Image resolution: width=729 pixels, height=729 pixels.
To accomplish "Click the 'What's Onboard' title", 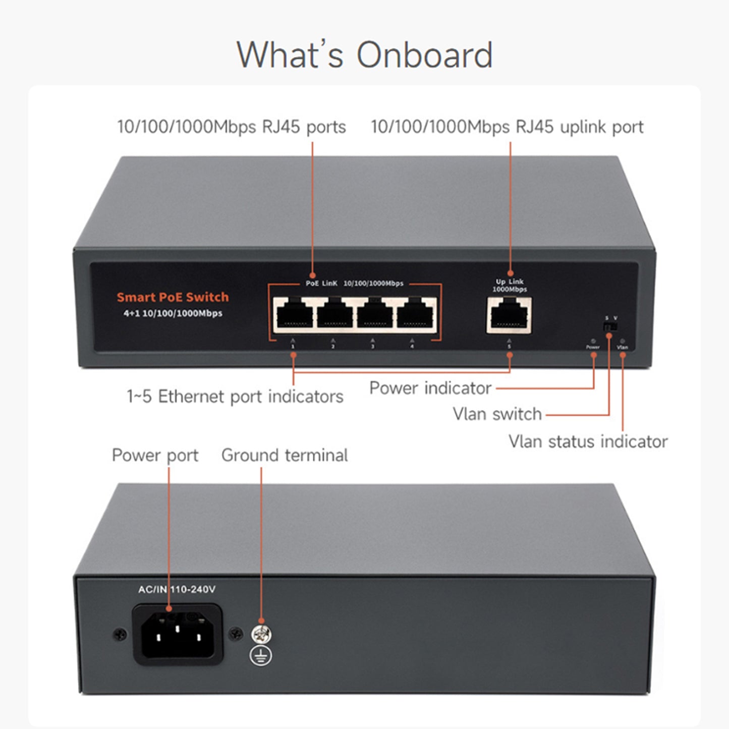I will click(x=364, y=55).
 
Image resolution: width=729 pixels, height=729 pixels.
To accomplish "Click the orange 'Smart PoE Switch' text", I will click(x=173, y=297).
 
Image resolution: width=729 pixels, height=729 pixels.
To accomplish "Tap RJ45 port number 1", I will click(x=293, y=315).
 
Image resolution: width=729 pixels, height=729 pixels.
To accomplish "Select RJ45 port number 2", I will click(x=333, y=315).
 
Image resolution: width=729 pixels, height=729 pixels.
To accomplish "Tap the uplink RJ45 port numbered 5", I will click(x=509, y=315).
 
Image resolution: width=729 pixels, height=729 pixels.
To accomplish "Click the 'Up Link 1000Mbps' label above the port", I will click(x=510, y=286).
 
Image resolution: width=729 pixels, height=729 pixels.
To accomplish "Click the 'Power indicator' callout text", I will click(x=430, y=388).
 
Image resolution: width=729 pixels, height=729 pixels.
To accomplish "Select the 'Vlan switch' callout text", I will click(x=497, y=414).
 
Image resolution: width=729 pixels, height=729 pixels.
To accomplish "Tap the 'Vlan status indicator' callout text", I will click(x=588, y=441).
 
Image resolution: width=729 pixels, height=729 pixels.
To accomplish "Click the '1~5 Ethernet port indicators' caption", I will click(x=235, y=397).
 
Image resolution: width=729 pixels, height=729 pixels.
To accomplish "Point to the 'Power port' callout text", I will click(x=155, y=455).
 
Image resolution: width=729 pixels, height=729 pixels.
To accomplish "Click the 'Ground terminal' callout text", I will click(x=285, y=455).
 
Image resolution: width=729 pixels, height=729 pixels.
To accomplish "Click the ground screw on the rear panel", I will click(x=261, y=631).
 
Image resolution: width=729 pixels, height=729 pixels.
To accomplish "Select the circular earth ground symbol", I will click(x=261, y=655).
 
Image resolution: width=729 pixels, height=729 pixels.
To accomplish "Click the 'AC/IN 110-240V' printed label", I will click(x=177, y=589).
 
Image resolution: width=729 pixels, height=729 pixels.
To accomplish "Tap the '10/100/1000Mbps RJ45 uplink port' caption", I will click(x=507, y=127).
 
